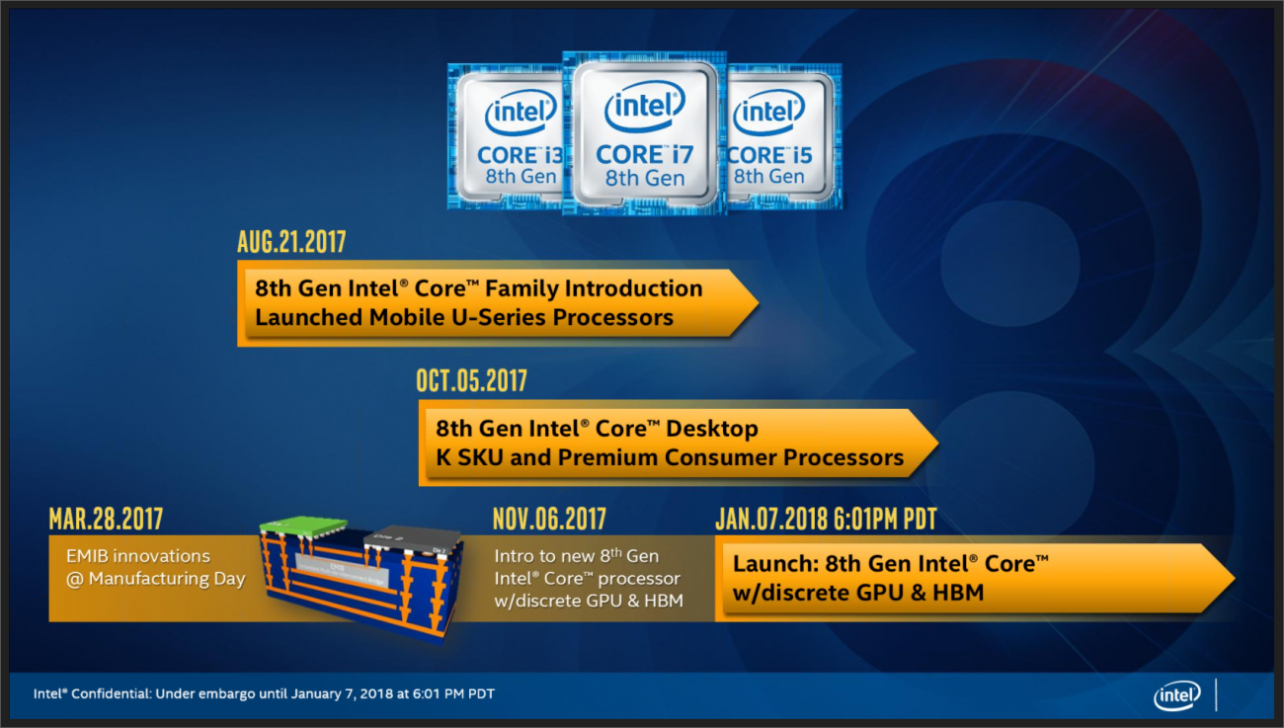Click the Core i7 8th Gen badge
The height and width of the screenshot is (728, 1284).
[644, 133]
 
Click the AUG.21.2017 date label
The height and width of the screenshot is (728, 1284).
[291, 242]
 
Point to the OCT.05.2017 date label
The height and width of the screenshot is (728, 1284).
[472, 380]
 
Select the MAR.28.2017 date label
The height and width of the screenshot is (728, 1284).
[106, 519]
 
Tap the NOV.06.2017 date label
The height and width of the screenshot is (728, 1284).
[549, 519]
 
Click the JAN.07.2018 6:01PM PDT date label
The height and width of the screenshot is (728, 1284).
[825, 519]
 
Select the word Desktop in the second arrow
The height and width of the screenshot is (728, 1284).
[712, 429]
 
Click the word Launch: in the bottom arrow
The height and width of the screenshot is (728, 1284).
[774, 564]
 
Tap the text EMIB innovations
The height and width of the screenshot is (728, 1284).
[137, 556]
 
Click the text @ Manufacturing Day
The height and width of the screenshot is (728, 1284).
[155, 580]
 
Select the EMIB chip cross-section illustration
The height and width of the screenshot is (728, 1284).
[361, 576]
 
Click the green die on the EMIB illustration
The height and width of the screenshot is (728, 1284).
[304, 527]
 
